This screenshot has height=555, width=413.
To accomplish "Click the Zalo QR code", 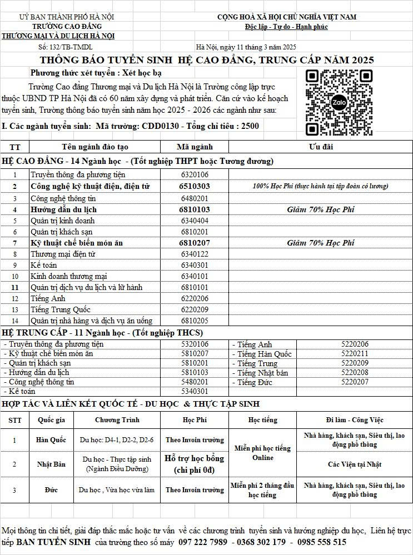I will click(x=339, y=103).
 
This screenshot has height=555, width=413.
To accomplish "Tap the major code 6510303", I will click(x=195, y=186).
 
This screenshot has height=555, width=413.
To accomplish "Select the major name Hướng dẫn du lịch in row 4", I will click(x=64, y=209).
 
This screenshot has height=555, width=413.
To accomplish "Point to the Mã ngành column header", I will click(x=195, y=147).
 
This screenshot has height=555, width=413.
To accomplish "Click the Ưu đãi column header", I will click(x=320, y=147).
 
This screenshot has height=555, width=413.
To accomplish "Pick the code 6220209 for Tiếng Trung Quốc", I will click(x=195, y=309).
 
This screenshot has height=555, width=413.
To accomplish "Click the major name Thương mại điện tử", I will click(x=63, y=254).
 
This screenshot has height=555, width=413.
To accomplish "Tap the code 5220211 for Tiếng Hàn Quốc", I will click(x=355, y=353).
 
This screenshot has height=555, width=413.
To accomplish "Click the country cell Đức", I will click(x=51, y=490).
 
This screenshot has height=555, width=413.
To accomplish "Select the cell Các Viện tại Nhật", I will click(x=355, y=464).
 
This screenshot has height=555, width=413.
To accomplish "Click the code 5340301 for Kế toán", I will click(x=195, y=391).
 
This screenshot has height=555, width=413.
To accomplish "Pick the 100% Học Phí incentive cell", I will click(x=320, y=186).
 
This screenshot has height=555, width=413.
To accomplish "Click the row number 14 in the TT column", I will click(x=15, y=321).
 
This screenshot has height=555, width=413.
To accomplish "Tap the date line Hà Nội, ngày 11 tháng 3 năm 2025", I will click(x=246, y=47).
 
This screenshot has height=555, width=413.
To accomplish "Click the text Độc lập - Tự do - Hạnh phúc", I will click(x=286, y=27).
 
